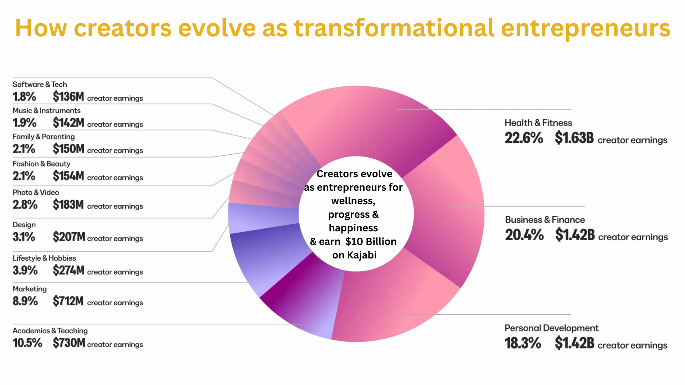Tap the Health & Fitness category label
coord(538,123)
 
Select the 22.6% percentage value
coord(524,138)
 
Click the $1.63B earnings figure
coord(574,138)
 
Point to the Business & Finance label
coord(545,220)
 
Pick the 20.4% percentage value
coord(524,235)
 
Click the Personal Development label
coord(551,328)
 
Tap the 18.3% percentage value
coord(523,343)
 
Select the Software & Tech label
coord(40,84)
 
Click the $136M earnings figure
coord(68,97)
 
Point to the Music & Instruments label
coord(46,111)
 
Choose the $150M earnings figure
coord(68,149)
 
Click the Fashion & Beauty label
coord(41,164)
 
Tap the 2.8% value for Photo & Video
coord(25,205)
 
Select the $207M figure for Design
coord(69,237)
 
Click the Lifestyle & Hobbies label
coord(44,258)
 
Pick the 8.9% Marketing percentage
coord(25,301)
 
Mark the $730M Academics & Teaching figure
coord(69,343)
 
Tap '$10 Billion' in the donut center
coord(371,242)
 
